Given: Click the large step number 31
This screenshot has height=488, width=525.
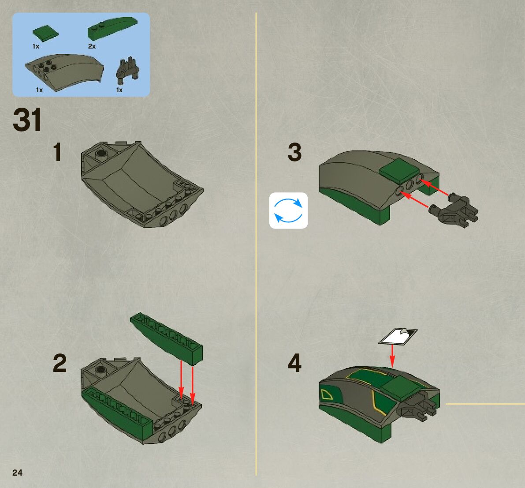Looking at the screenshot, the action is [27, 120].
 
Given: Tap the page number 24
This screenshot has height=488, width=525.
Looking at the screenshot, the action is [17, 473].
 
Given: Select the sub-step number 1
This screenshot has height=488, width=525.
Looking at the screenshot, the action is [58, 152].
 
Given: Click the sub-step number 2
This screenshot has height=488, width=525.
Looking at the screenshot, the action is [60, 363].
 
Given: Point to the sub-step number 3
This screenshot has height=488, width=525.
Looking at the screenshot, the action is [294, 152].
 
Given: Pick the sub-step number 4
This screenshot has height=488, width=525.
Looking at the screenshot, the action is [294, 363].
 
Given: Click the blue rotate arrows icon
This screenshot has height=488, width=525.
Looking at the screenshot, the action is [288, 210].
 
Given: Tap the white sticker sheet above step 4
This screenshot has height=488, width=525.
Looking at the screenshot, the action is [398, 336].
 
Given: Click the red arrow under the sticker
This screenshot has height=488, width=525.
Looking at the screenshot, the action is [392, 356].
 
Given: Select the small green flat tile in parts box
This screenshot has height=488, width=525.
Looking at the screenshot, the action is [45, 34].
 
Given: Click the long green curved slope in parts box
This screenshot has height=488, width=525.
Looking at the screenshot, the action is [112, 28].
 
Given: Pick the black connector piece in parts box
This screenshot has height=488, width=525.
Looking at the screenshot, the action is [127, 71].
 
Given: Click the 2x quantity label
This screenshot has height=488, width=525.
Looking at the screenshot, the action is [92, 46].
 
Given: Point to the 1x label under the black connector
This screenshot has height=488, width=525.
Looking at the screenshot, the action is [119, 90].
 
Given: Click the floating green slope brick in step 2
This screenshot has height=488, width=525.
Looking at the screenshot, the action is [167, 338].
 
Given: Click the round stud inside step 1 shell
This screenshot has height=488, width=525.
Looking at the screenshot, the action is [101, 154].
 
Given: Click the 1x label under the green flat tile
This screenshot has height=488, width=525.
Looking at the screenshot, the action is [36, 46].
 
